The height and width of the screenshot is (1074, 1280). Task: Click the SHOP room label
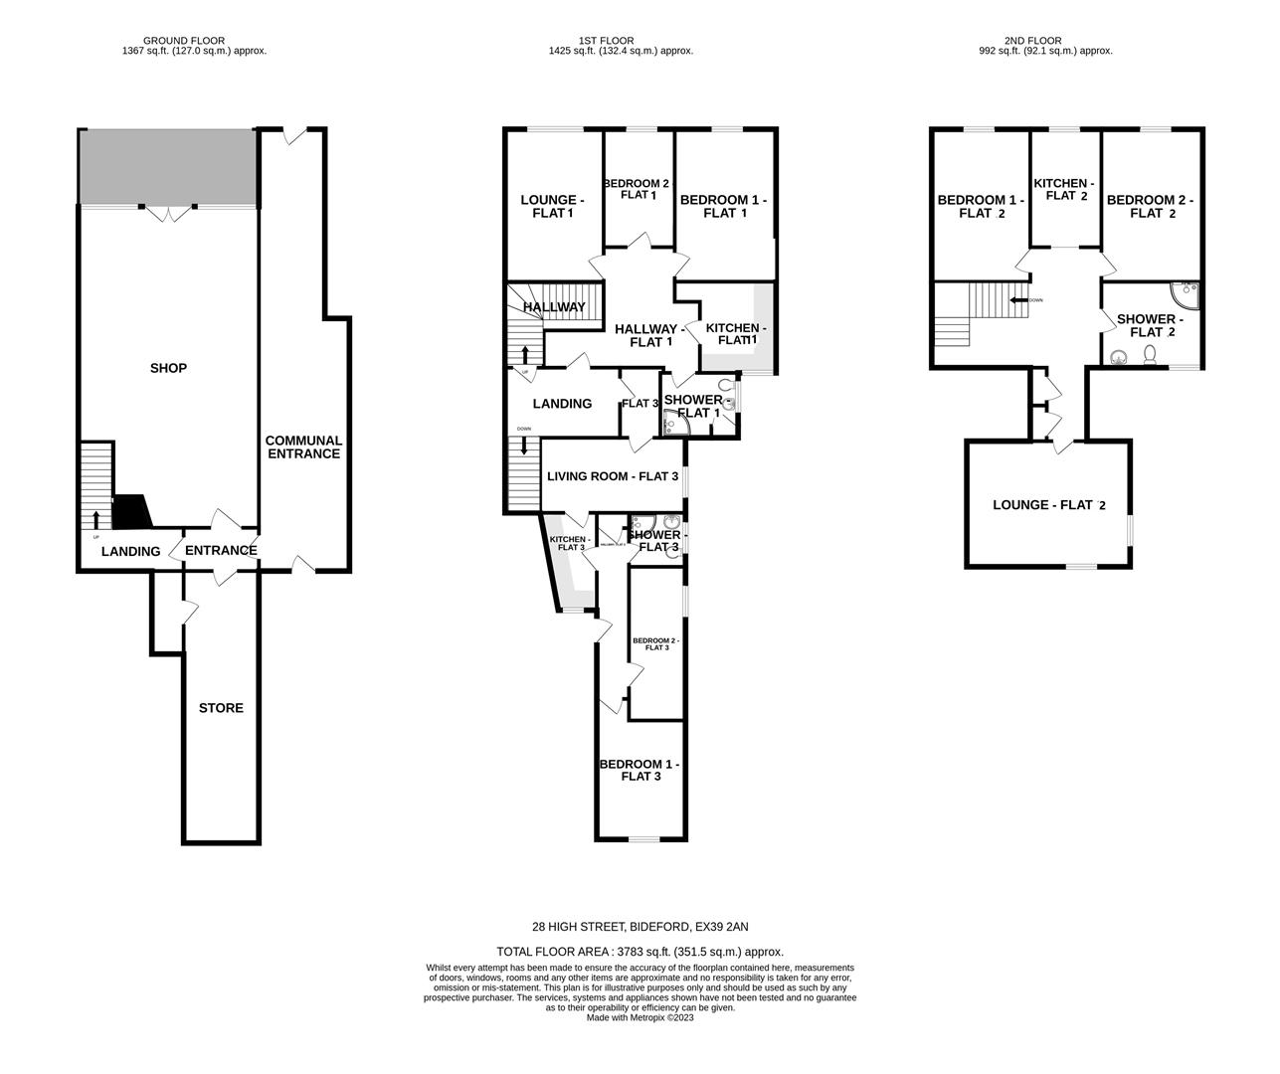click(168, 368)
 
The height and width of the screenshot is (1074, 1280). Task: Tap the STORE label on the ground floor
click(221, 708)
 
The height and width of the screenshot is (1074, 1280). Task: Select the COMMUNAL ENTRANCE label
click(303, 447)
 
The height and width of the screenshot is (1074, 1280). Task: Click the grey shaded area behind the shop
click(167, 166)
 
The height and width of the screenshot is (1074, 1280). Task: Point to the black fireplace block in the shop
click(130, 512)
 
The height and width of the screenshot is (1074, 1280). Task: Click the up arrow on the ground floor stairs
click(96, 518)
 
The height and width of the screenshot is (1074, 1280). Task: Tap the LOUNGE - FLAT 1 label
click(552, 207)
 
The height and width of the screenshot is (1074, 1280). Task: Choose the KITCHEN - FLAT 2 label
click(1064, 190)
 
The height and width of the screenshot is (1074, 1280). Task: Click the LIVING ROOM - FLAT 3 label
click(613, 476)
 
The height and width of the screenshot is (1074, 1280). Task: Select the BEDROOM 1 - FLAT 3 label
click(640, 770)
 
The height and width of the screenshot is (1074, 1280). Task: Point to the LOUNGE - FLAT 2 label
click(1049, 505)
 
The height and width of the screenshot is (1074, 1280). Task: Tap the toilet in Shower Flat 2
click(1151, 355)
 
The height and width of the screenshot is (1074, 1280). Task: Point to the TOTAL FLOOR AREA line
click(640, 952)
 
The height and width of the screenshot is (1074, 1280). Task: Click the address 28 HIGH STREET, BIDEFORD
click(640, 927)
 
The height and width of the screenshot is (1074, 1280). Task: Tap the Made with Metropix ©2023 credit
click(640, 1017)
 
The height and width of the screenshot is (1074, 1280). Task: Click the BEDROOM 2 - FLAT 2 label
click(1150, 207)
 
